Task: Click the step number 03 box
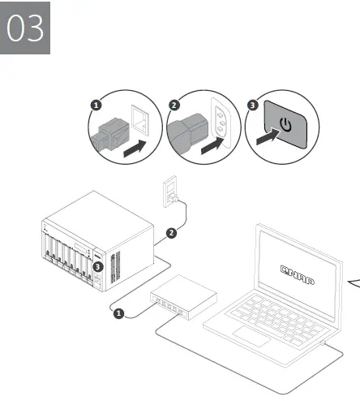point(27,28)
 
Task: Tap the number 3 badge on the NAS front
point(97,265)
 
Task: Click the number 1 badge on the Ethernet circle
point(95,106)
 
